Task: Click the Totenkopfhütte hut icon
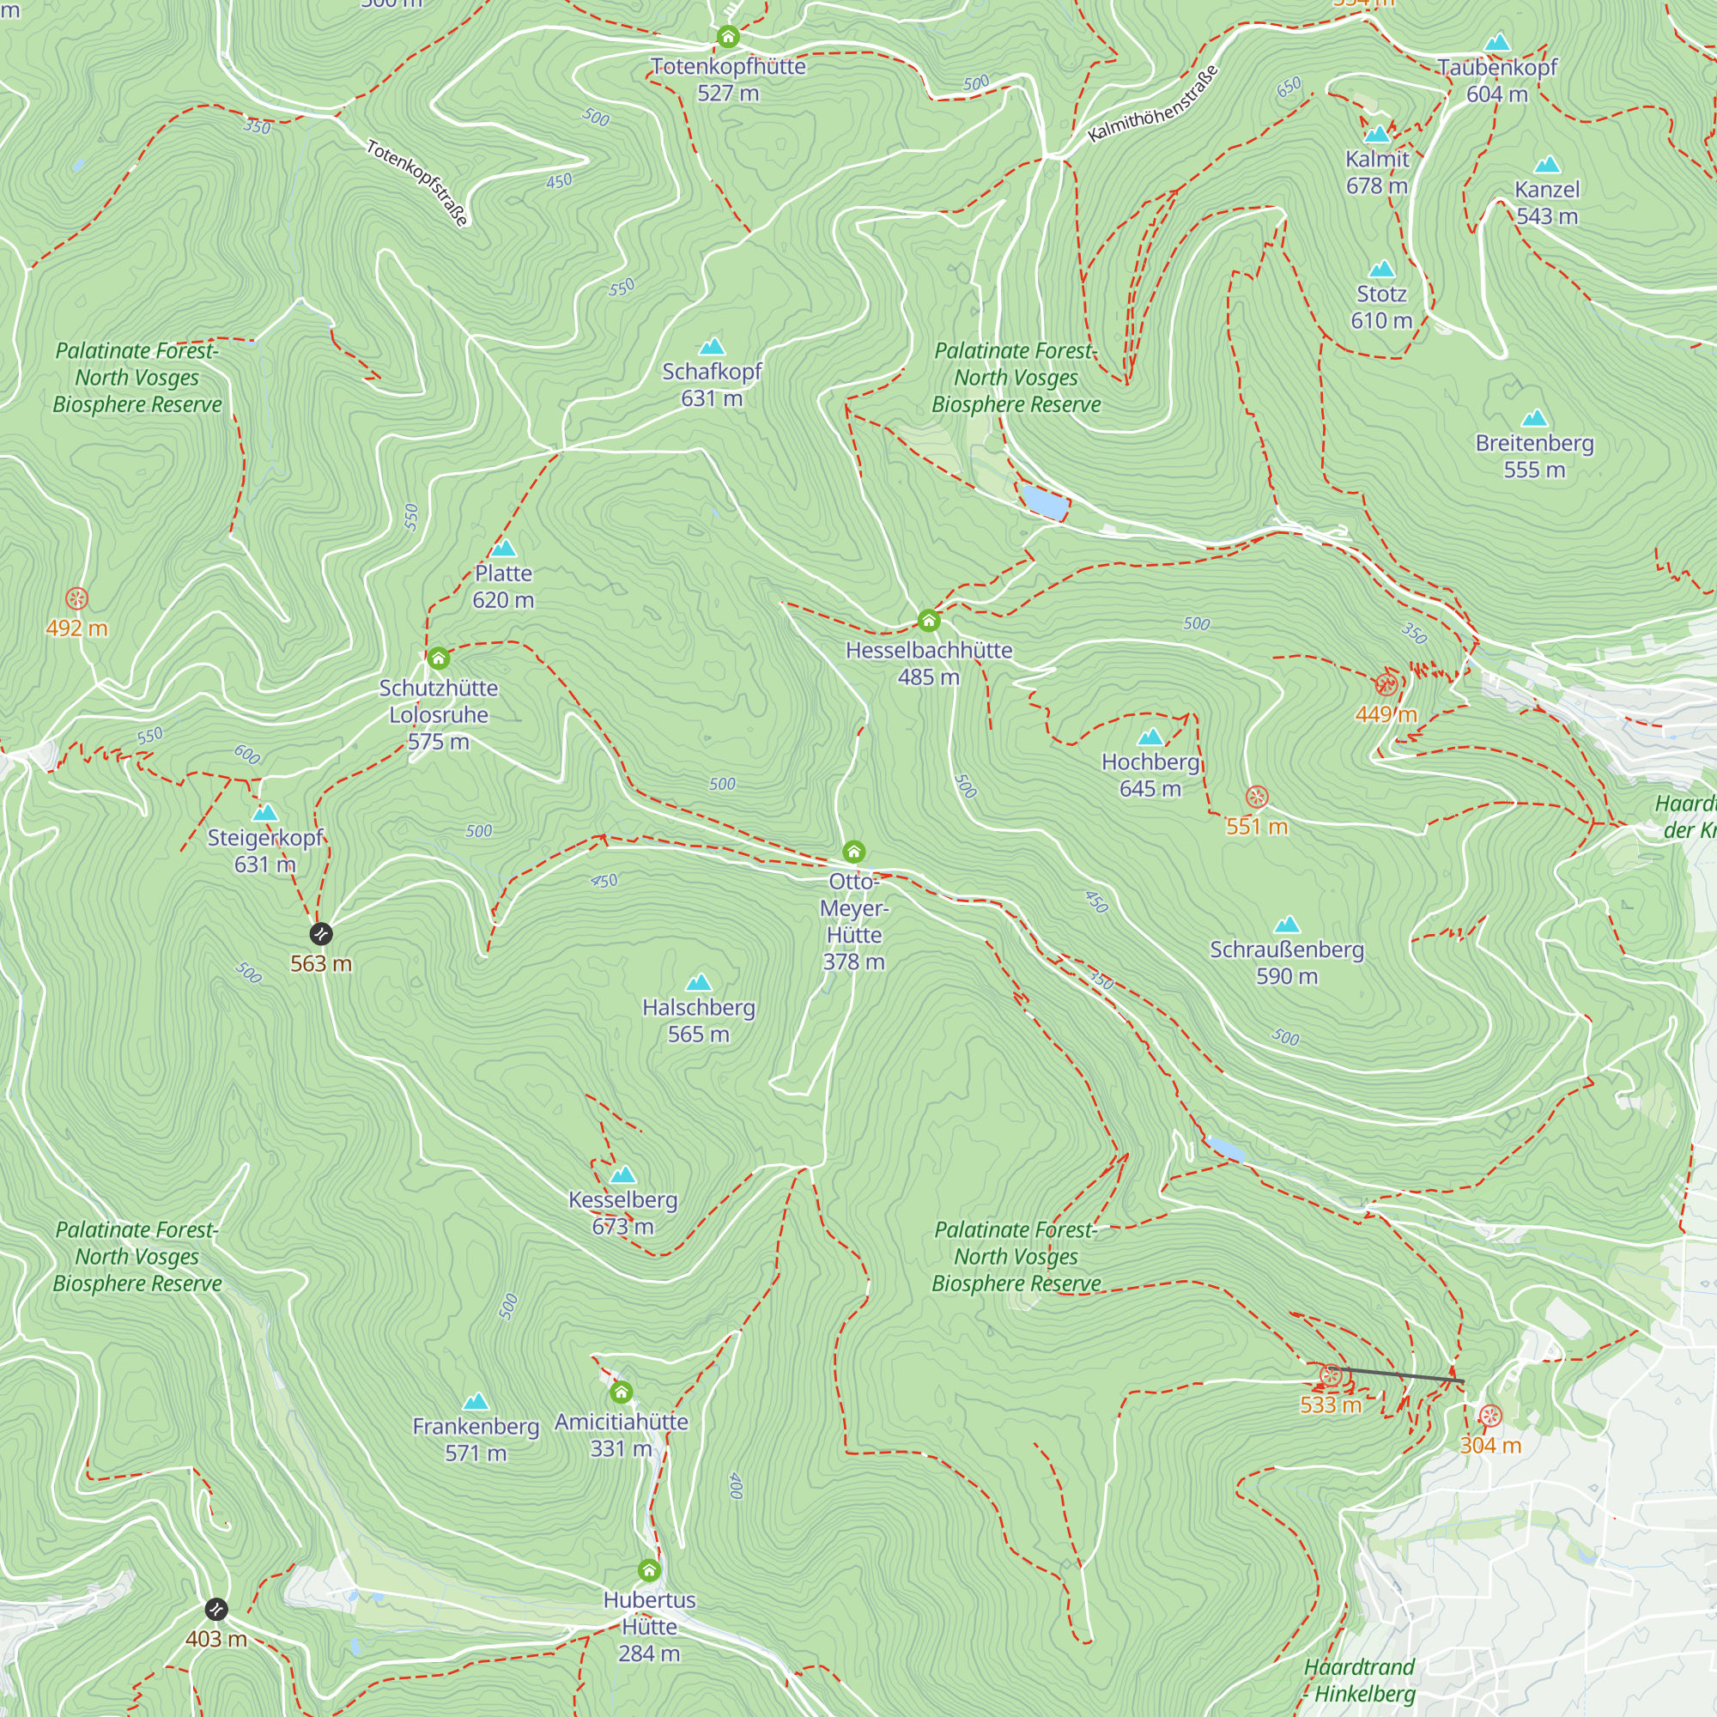[728, 36]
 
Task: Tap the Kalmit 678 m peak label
[1377, 173]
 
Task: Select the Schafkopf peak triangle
[712, 347]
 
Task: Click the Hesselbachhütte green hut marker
[929, 620]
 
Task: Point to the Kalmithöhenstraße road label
[1153, 104]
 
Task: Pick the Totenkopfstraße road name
[417, 182]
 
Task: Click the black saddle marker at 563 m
[321, 934]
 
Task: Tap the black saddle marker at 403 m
[216, 1610]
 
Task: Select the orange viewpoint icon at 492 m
[77, 598]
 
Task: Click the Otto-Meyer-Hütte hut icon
[854, 852]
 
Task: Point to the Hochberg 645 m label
[1150, 775]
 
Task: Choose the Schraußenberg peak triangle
[1287, 925]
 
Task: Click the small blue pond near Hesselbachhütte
[1044, 502]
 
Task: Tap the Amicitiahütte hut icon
[622, 1392]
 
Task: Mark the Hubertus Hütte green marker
[650, 1570]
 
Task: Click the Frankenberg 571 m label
[476, 1439]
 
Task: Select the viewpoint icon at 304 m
[1490, 1417]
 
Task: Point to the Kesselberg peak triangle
[623, 1176]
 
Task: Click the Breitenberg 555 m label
[1534, 456]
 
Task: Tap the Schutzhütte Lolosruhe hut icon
[438, 658]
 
